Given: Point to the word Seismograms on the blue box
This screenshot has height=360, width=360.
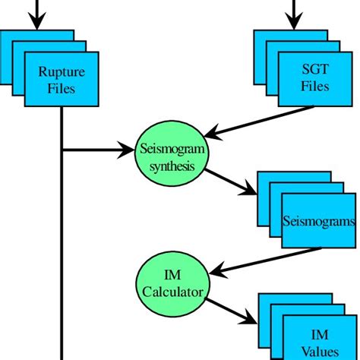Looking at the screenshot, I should pyautogui.click(x=318, y=223).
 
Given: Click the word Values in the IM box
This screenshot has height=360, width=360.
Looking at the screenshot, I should pyautogui.click(x=319, y=351).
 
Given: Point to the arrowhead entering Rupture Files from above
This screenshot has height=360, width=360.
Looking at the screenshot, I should pyautogui.click(x=36, y=21).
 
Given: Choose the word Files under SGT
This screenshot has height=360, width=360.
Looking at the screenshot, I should pyautogui.click(x=313, y=87).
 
